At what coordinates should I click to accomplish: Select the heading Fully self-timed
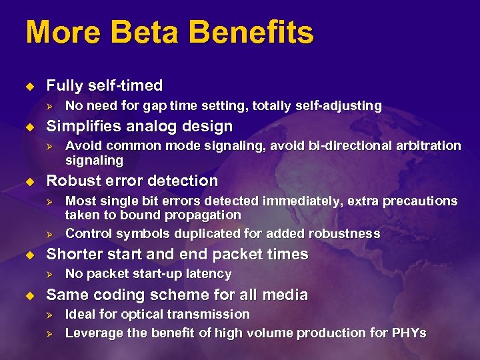click(104, 85)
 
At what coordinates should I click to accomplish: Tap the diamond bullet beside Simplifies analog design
click(28, 126)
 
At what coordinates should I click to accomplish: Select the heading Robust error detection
click(131, 181)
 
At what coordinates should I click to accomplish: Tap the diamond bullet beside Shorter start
click(28, 254)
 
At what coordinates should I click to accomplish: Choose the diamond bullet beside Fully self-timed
click(28, 85)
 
